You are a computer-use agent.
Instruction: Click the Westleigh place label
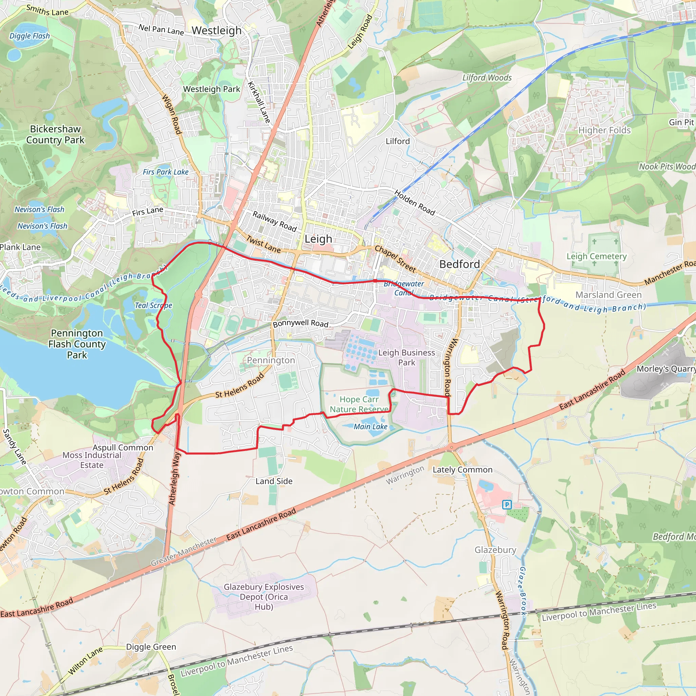216,31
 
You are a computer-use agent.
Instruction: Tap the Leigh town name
318,239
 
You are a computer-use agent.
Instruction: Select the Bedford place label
459,264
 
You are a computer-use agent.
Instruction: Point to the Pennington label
271,360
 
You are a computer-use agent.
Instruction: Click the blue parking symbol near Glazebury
507,505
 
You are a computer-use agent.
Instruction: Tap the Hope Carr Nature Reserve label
359,404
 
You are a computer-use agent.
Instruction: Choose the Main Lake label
370,427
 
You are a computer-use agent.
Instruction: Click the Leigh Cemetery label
596,256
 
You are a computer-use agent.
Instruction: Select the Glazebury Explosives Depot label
264,596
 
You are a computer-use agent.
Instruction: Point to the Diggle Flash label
30,36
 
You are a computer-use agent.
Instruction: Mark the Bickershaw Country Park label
55,134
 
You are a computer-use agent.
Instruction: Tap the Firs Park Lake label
166,172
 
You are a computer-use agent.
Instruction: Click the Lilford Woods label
487,78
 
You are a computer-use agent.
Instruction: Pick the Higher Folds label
605,130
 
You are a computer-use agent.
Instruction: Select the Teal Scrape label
154,306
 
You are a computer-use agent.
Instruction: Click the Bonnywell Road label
300,324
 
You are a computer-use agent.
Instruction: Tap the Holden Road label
415,203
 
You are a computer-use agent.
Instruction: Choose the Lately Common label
462,470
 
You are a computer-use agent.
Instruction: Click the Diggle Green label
151,647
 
